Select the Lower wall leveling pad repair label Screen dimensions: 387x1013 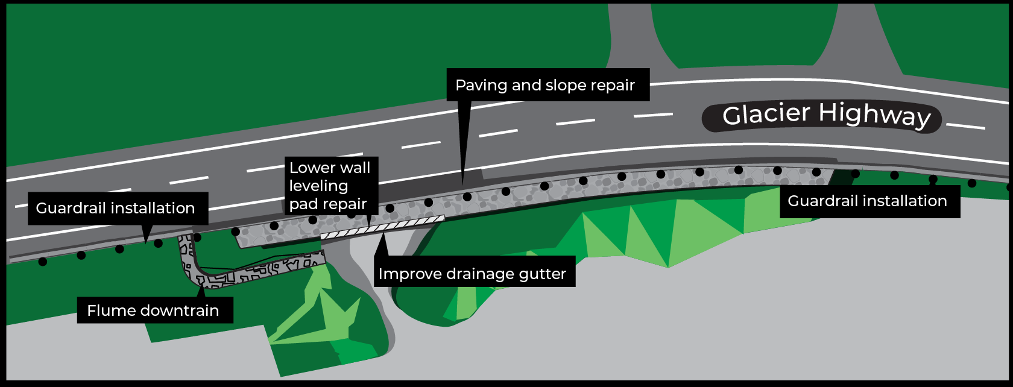pyautogui.click(x=330, y=186)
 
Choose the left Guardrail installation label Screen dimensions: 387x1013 pyautogui.click(x=115, y=208)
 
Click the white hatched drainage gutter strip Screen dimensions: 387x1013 pyautogui.click(x=382, y=227)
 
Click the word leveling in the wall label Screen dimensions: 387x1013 pyautogui.click(x=318, y=186)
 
